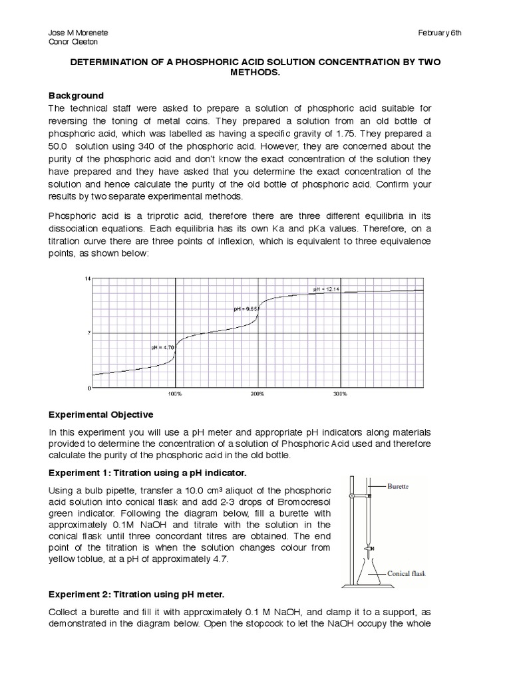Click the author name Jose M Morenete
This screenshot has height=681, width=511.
tap(79, 33)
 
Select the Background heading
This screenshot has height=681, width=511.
tap(77, 95)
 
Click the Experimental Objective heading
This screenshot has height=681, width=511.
tap(101, 414)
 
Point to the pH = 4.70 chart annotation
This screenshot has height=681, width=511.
tap(161, 347)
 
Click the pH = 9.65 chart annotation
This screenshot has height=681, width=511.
tap(246, 309)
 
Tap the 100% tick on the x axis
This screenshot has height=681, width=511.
tap(176, 394)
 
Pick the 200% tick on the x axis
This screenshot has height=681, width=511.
tap(257, 394)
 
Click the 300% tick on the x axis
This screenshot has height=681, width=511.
tap(340, 394)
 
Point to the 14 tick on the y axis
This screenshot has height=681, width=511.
tap(86, 277)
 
